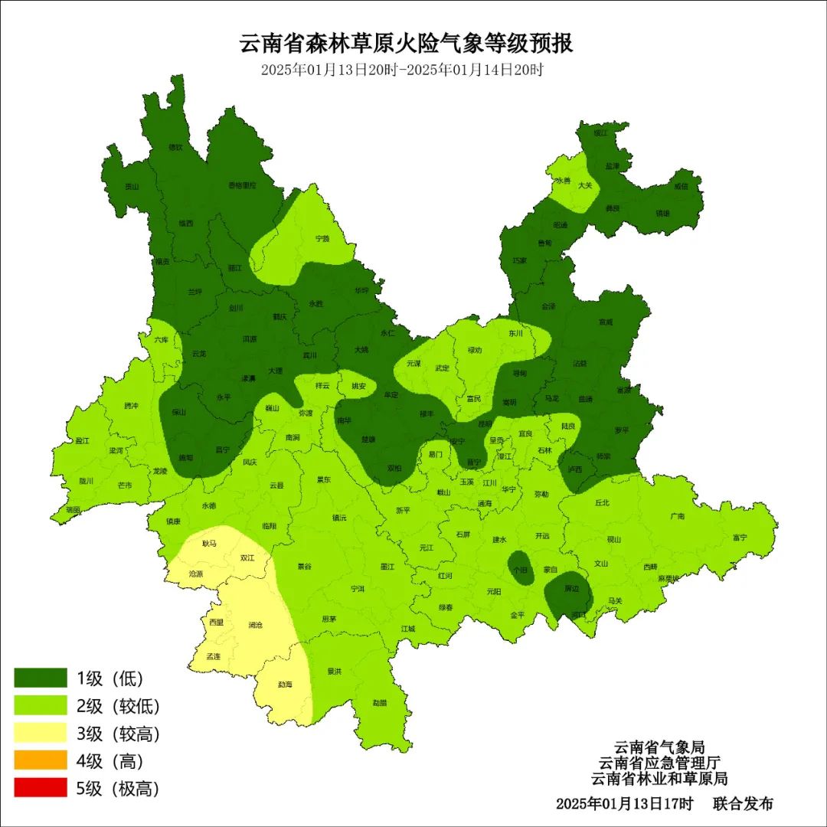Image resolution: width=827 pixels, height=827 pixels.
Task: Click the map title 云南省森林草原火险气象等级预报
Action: pos(407,43)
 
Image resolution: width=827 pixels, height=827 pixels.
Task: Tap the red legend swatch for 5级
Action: pos(41,788)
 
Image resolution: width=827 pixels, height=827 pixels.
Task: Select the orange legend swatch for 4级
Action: pos(41,760)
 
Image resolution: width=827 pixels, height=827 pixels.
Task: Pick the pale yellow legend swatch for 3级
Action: pos(41,734)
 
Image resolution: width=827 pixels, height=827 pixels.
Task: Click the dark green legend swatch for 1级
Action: pos(41,678)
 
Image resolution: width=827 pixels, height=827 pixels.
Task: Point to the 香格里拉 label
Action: pos(243,185)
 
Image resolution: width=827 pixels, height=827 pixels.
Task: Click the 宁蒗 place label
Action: pos(322,239)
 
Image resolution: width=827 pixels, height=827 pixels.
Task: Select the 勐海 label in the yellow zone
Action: pos(284,684)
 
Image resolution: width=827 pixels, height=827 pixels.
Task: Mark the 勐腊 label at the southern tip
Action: pos(380,702)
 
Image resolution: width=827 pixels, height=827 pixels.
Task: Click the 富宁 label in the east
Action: pos(740,538)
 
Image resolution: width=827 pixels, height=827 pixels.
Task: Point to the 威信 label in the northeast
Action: pos(682,186)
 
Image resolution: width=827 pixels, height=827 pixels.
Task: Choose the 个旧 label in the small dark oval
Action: pos(520,570)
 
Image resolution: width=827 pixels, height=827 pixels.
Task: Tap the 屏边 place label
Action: pos(571,589)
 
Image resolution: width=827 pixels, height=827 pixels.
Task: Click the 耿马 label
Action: pos(210,543)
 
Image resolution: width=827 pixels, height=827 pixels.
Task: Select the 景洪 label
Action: pos(335,672)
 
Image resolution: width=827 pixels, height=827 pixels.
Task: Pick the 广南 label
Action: pos(677,516)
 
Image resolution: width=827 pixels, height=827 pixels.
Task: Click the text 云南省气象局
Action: pos(659,747)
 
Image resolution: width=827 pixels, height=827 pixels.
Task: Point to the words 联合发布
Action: pos(743,804)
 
